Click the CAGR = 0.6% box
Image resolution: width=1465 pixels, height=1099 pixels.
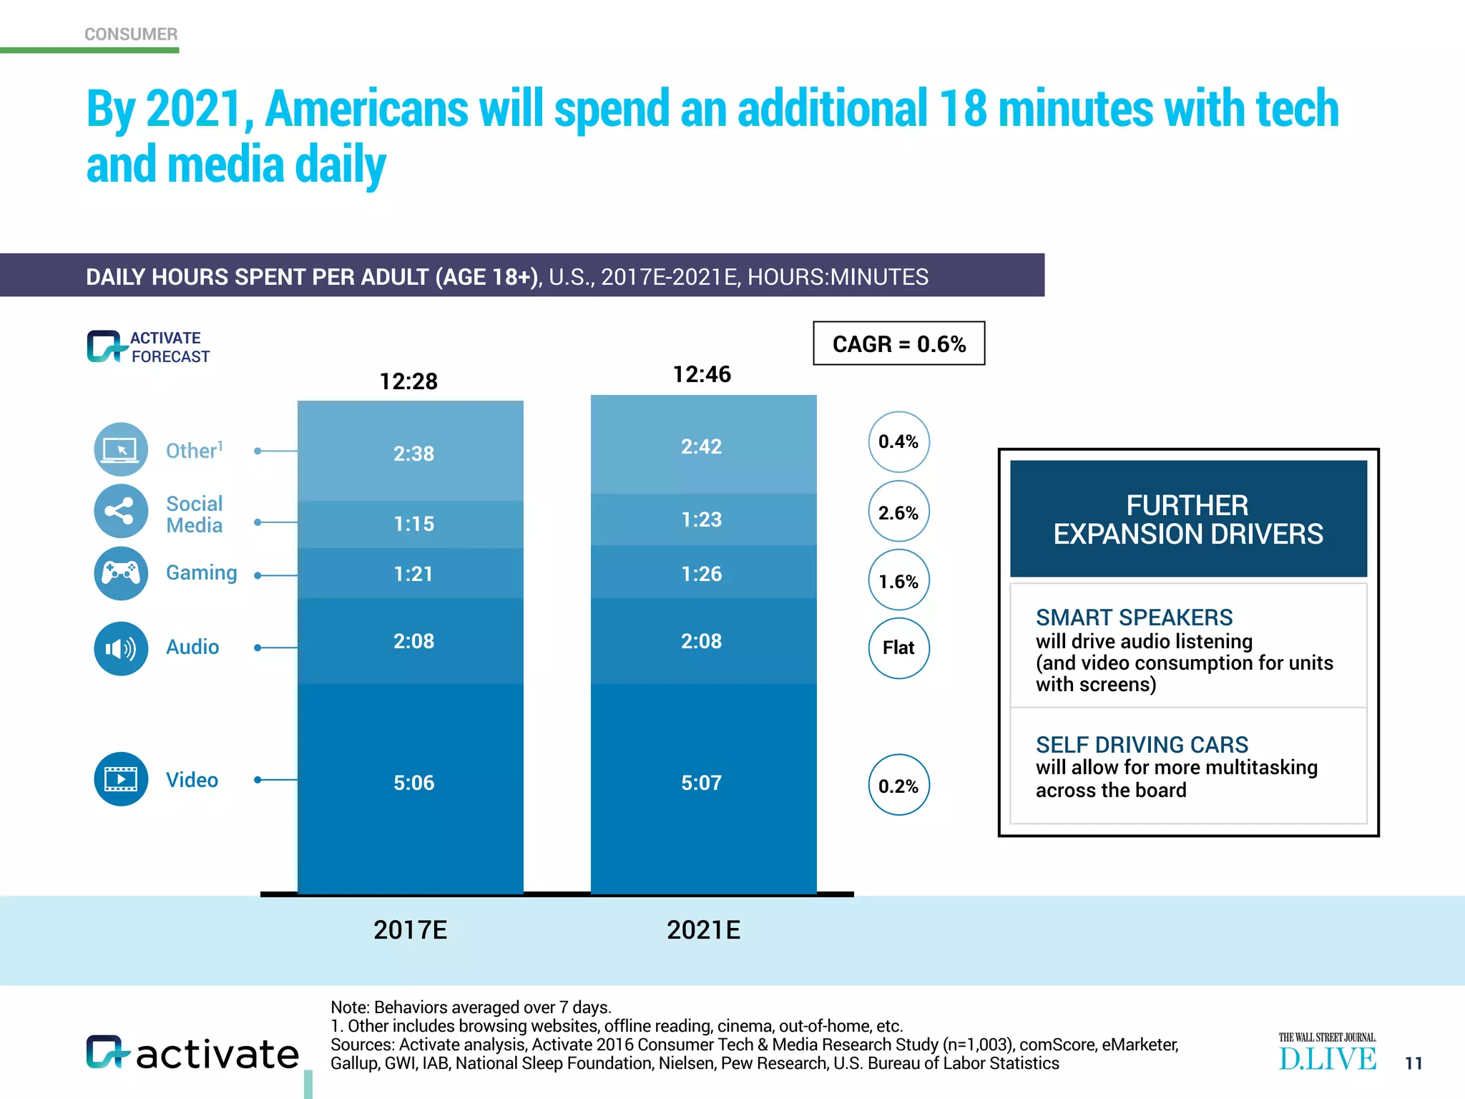tap(898, 343)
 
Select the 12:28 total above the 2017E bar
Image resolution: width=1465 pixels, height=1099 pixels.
tap(408, 381)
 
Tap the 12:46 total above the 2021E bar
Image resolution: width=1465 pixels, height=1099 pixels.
tap(702, 374)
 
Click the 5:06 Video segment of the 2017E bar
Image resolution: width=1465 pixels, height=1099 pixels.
tap(413, 782)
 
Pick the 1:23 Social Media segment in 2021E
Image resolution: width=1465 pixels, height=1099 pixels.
tap(701, 519)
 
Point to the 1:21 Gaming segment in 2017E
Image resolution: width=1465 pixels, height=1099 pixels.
tap(413, 574)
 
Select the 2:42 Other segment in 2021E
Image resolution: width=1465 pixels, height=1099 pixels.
tap(701, 446)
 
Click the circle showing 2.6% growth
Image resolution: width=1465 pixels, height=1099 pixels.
tap(898, 512)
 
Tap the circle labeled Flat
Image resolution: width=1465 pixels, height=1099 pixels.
tap(898, 648)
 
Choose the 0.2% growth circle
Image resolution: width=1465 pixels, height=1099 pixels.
tap(898, 786)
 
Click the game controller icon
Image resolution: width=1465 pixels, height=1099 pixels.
tap(121, 573)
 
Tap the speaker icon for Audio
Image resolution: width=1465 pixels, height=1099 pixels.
tap(121, 648)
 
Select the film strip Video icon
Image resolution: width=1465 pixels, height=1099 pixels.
tap(121, 778)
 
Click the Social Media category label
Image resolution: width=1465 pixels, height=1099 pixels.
tap(194, 514)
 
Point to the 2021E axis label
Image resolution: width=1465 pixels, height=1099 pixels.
tap(703, 929)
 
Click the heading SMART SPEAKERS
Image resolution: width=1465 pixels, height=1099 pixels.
tap(1134, 617)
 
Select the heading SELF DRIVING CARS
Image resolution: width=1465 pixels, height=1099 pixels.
tap(1142, 745)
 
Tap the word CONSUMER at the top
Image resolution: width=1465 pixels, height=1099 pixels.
tap(131, 34)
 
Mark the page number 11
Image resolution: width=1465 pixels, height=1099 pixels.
tap(1413, 1063)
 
